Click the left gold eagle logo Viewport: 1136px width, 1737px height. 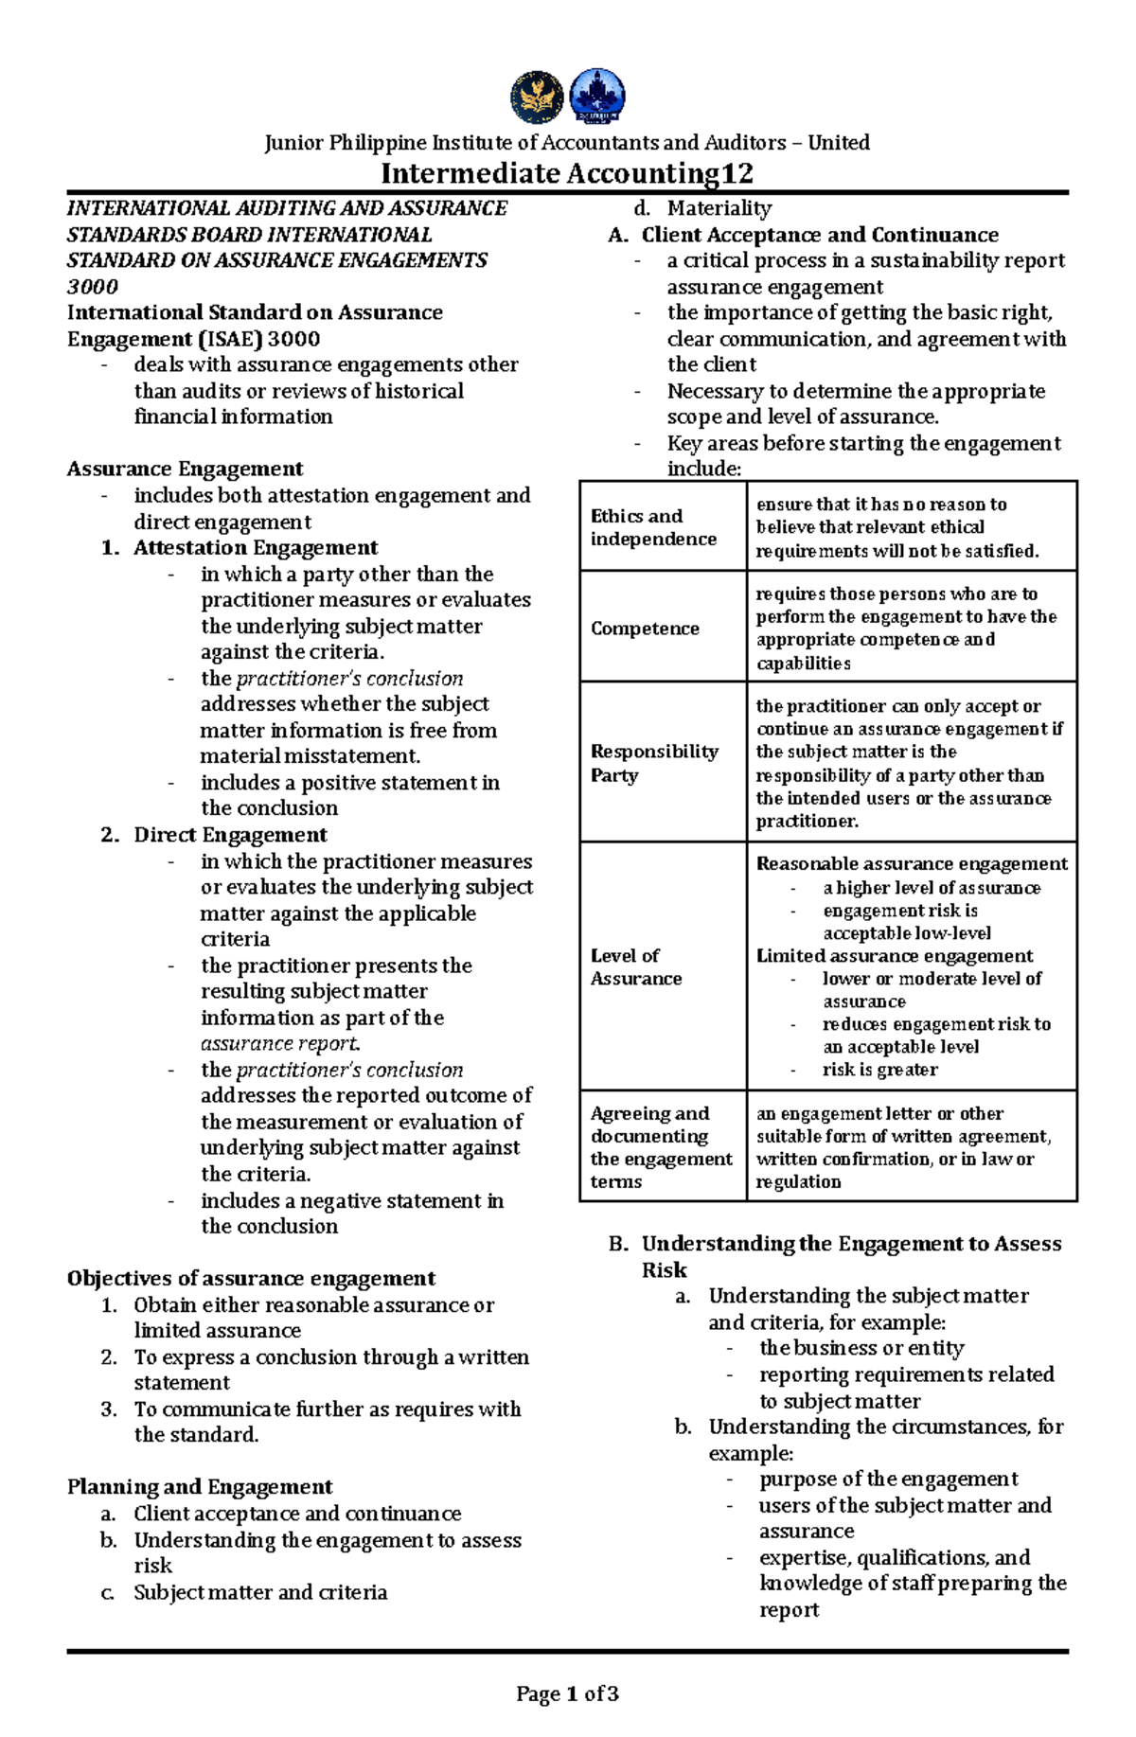pyautogui.click(x=537, y=97)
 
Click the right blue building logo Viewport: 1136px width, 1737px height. pyautogui.click(x=596, y=97)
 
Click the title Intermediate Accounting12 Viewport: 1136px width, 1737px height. pyautogui.click(x=567, y=173)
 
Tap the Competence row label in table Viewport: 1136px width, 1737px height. pyautogui.click(x=645, y=629)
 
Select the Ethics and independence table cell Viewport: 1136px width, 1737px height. pyautogui.click(x=653, y=527)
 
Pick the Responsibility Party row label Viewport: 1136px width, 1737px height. pyautogui.click(x=654, y=763)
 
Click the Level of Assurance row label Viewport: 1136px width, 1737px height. pyautogui.click(x=635, y=966)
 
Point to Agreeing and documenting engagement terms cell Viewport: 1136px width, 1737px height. pyautogui.click(x=661, y=1147)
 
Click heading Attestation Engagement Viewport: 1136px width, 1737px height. pyautogui.click(x=256, y=548)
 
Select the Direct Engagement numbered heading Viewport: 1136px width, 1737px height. pyautogui.click(x=230, y=835)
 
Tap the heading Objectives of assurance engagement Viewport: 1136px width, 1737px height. pyautogui.click(x=251, y=1279)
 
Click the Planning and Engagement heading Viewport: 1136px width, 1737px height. pyautogui.click(x=200, y=1487)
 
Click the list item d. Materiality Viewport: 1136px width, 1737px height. pyautogui.click(x=719, y=208)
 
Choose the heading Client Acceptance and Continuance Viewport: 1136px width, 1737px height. pyautogui.click(x=820, y=235)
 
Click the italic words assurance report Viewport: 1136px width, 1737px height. pyautogui.click(x=280, y=1044)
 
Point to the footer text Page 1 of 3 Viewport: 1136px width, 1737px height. pyautogui.click(x=567, y=1693)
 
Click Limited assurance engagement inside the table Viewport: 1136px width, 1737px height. pyautogui.click(x=894, y=956)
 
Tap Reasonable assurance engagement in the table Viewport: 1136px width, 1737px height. pyautogui.click(x=911, y=864)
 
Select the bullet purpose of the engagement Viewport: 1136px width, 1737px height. pyautogui.click(x=888, y=1480)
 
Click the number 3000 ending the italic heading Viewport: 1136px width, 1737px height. pyautogui.click(x=92, y=287)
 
